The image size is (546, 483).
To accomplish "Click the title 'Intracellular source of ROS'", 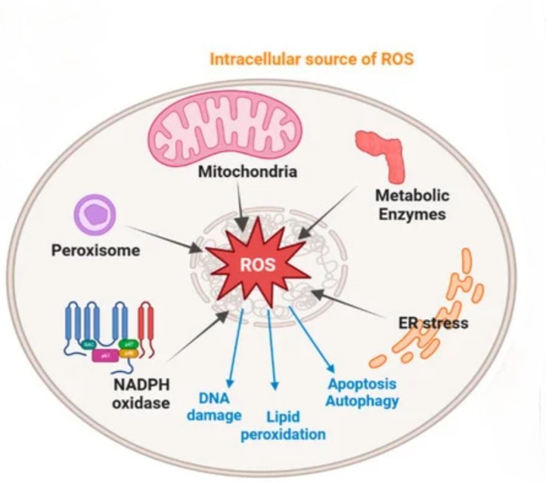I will pos(311,59).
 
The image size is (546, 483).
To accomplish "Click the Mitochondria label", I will pos(248,172).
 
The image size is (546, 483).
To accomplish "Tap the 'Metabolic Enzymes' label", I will pos(413,204).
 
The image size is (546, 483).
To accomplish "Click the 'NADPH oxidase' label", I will pos(141,393).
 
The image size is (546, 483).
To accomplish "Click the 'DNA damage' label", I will pos(214,407).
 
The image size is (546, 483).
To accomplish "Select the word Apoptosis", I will pos(362,383).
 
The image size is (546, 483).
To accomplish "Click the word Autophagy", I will pos(362,400).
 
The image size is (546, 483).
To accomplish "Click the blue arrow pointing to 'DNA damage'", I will pos(235,346).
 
